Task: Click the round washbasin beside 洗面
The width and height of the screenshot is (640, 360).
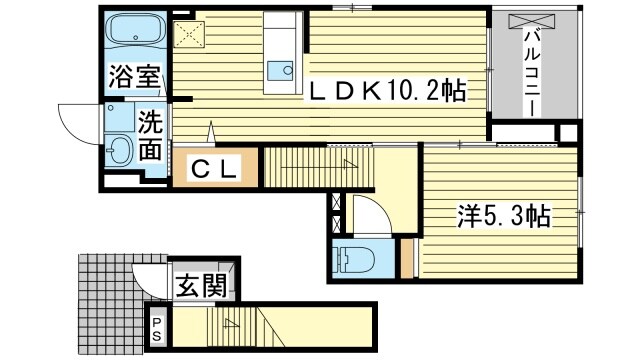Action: click(x=119, y=151)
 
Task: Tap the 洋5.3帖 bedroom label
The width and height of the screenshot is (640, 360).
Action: click(x=504, y=215)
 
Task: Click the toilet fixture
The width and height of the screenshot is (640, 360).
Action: click(x=353, y=257)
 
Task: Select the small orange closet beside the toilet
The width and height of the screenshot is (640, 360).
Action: click(x=407, y=259)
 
